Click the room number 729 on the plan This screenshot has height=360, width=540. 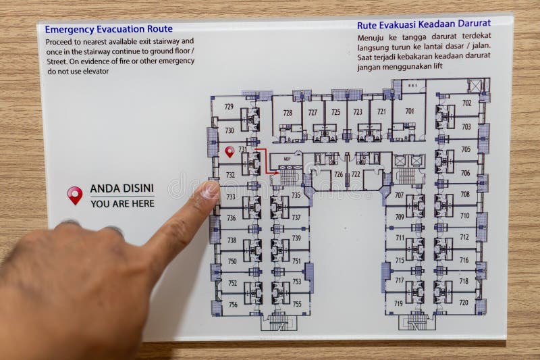[229, 107]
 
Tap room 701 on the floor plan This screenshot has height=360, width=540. [410, 111]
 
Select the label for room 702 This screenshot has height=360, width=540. [466, 103]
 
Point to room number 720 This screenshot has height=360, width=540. [464, 303]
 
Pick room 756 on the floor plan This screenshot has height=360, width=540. [232, 305]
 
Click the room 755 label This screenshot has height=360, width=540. [297, 305]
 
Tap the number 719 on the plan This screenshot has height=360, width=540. [399, 303]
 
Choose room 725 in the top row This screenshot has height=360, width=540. [335, 112]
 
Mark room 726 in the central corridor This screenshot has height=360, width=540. [338, 174]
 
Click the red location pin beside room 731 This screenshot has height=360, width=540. [230, 151]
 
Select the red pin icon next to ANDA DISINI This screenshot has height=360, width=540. [74, 195]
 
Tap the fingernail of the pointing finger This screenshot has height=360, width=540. [211, 190]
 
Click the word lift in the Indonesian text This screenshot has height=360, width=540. [438, 66]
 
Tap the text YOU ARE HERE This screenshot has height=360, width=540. [122, 203]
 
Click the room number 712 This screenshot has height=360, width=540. [464, 237]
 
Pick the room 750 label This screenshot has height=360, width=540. [232, 261]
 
